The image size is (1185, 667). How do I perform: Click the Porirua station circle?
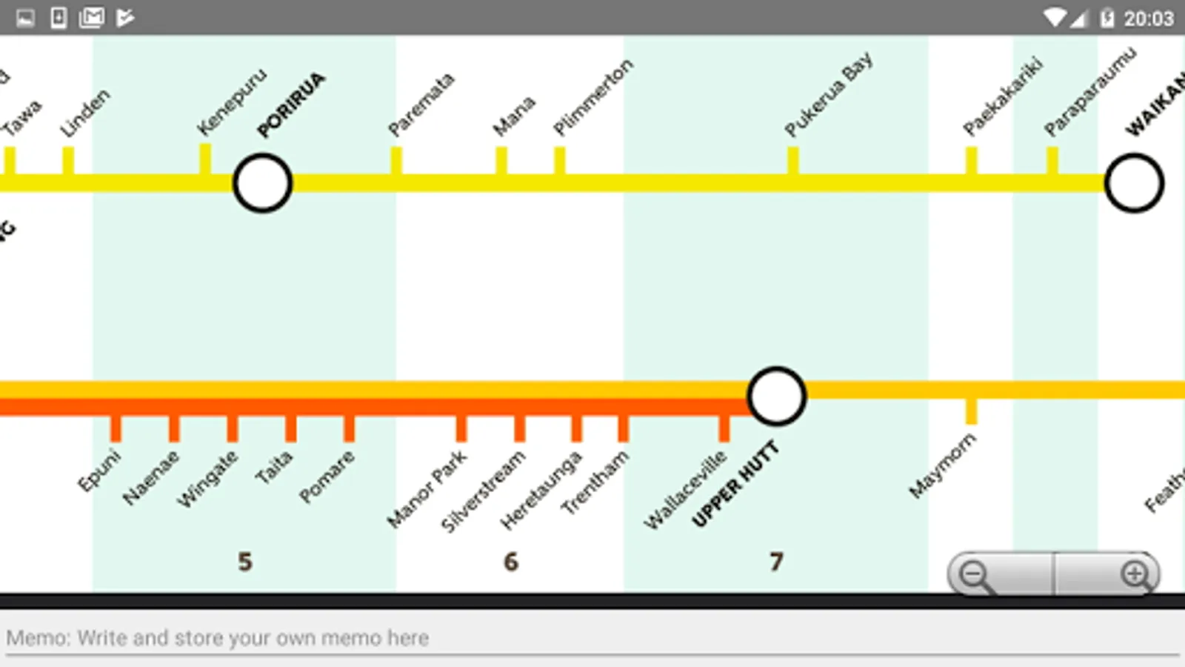point(262,183)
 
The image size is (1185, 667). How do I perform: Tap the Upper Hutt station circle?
point(776,396)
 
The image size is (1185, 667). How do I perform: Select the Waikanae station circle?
point(1134,183)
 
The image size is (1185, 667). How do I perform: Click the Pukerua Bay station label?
point(828,95)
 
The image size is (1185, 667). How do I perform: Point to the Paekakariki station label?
point(1002,97)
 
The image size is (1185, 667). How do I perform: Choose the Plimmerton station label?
point(592,97)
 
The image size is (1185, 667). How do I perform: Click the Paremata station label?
point(420,104)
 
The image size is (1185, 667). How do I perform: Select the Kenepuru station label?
point(231,102)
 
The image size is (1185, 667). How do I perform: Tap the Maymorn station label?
point(942,465)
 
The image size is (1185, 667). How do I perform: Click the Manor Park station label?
point(427,489)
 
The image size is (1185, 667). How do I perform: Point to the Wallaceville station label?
point(684,490)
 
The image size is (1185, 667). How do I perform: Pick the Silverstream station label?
point(482,491)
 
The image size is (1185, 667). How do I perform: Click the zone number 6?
point(511,562)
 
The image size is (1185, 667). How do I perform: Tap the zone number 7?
point(776,562)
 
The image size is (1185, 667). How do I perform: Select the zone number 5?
point(245,562)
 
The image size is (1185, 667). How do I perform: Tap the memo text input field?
point(592,638)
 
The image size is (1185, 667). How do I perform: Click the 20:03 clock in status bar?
point(1148,18)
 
